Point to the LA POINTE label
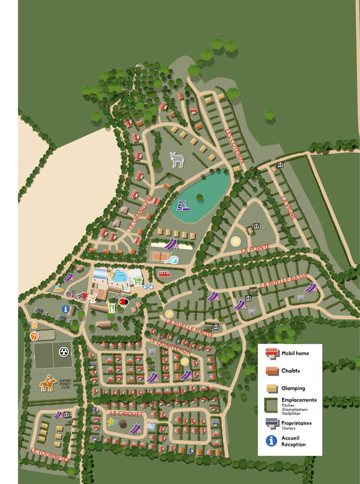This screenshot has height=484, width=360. point(256,248)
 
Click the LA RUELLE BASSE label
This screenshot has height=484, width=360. point(283,280)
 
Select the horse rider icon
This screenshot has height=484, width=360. point(48,383)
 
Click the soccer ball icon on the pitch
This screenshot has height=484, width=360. point(63,349)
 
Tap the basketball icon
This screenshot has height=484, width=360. point(34,336)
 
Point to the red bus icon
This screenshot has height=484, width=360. point(163,274)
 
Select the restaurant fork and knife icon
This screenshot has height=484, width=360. point(111,307)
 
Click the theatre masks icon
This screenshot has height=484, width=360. point(83,295)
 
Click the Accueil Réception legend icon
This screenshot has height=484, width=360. point(272,441)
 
